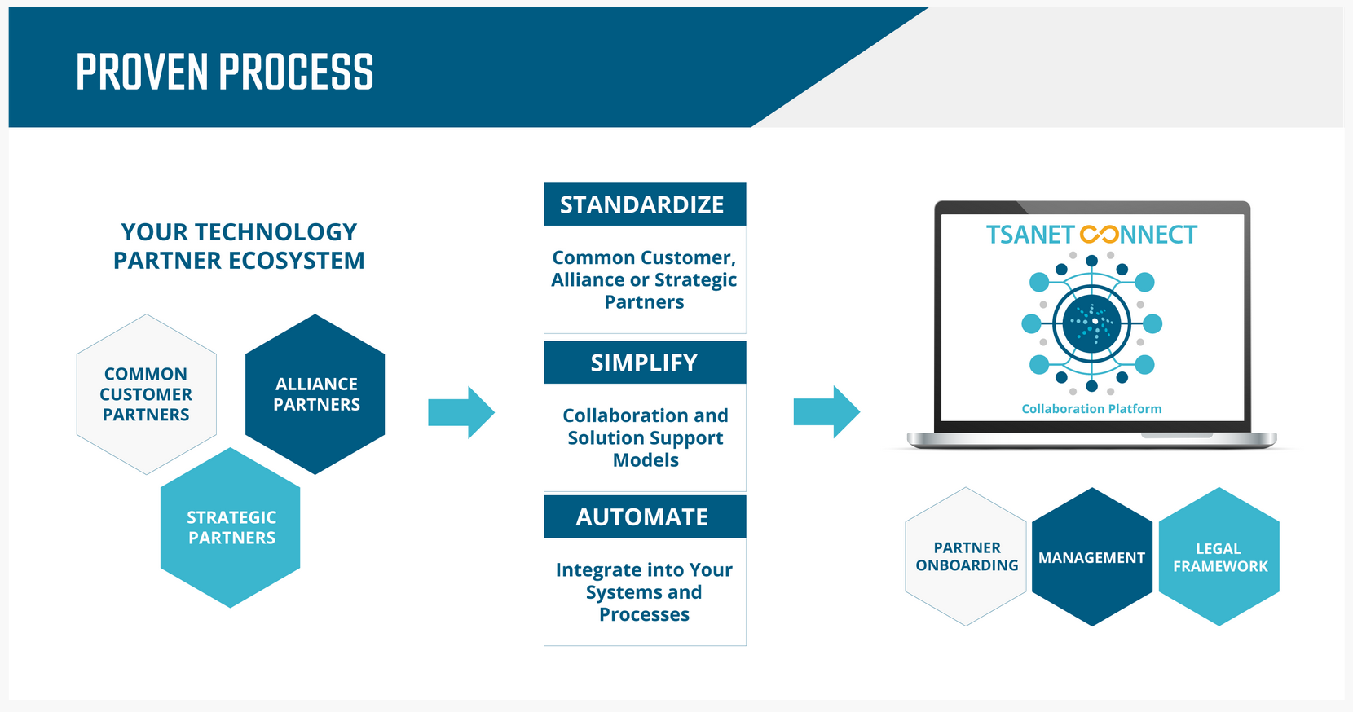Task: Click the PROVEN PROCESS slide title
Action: (x=224, y=72)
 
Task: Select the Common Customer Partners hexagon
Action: (x=146, y=394)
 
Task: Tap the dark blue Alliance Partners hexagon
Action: (x=315, y=394)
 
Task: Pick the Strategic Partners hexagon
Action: (x=231, y=528)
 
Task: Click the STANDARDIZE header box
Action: (x=645, y=204)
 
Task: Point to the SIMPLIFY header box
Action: (x=645, y=363)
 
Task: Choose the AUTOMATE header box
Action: (x=645, y=517)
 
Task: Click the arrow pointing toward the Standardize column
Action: (x=461, y=412)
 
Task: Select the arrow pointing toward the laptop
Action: (x=826, y=412)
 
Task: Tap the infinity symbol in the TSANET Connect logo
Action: (x=1100, y=235)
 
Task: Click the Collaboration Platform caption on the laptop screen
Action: (x=1091, y=409)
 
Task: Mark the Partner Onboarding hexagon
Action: (x=967, y=556)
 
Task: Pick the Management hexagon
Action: (x=1092, y=557)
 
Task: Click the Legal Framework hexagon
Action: (x=1219, y=557)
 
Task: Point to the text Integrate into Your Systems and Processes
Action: (x=645, y=592)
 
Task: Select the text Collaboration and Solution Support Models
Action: (x=645, y=438)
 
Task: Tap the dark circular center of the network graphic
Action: (x=1091, y=323)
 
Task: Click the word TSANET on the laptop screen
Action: (x=1030, y=235)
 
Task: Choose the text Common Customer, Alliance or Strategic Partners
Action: (x=645, y=279)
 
